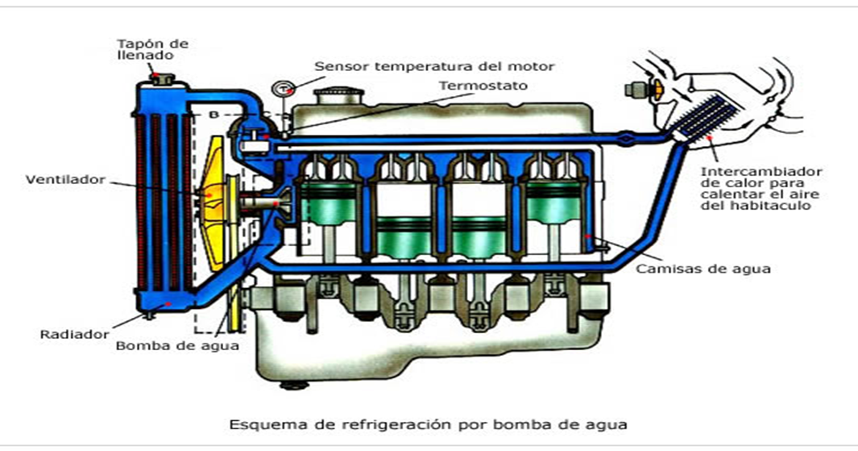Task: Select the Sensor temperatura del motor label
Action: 434,66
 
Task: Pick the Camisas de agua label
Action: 702,269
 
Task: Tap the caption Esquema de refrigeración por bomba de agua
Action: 428,423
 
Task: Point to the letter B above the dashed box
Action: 213,115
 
